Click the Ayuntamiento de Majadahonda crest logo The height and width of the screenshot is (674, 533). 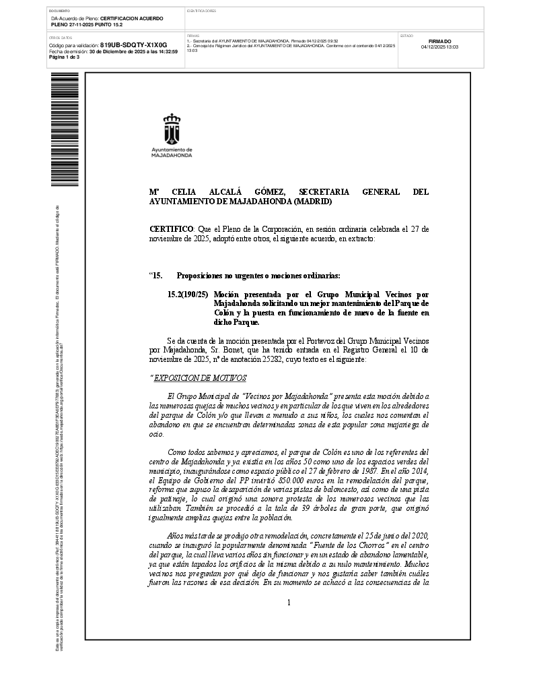[172, 129]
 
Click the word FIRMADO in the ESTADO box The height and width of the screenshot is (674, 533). [439, 41]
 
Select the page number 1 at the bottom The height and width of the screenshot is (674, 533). [288, 602]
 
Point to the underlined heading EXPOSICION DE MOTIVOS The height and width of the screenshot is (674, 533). [200, 377]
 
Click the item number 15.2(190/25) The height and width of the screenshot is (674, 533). [188, 295]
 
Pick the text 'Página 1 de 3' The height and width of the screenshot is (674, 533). [65, 57]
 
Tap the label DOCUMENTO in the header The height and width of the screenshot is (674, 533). [60, 11]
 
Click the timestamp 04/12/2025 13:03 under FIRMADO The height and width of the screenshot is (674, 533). [439, 47]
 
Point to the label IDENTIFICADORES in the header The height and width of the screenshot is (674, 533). [201, 11]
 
